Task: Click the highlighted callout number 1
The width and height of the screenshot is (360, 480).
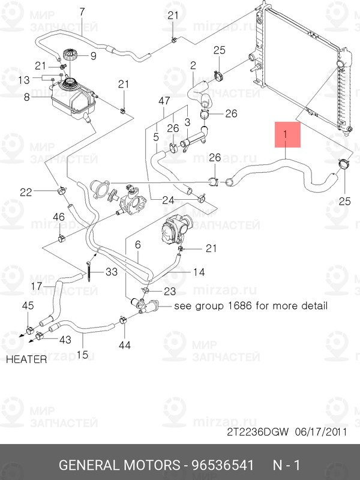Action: (286, 136)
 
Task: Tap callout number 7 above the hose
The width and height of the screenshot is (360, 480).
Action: (82, 11)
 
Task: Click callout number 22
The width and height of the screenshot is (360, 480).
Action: (25, 192)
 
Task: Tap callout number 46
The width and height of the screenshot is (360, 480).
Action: (59, 217)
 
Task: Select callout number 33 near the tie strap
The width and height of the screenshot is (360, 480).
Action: (112, 272)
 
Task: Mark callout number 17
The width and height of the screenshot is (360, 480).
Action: (36, 286)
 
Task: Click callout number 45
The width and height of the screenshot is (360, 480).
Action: (28, 307)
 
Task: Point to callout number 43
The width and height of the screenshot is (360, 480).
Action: (65, 340)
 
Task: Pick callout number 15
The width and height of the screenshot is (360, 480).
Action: (82, 355)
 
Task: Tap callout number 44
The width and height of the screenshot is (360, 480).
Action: (125, 345)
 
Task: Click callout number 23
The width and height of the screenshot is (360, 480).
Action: (170, 291)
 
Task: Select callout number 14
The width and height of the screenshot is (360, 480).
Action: (199, 272)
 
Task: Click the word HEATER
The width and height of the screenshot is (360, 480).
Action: (26, 360)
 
